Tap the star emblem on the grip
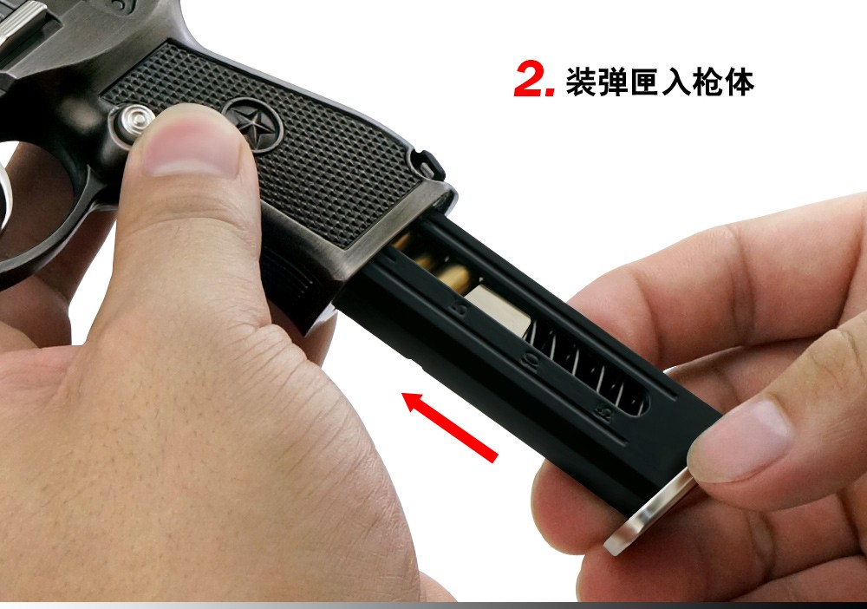pos(252,124)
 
